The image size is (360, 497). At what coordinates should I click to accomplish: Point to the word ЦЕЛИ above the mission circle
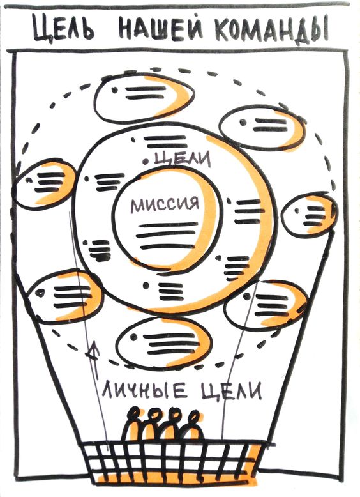pos(183,158)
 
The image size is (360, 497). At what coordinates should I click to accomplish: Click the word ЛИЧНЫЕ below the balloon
pos(145,390)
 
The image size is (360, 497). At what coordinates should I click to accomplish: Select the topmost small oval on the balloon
pos(144,97)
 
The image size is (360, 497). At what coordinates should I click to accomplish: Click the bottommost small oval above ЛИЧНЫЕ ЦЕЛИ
pos(163,344)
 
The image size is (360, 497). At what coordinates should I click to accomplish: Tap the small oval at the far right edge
pos(310,215)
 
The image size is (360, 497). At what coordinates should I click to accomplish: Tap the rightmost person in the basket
pos(192,425)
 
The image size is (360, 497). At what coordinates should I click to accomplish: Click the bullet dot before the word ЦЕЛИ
pos(146,162)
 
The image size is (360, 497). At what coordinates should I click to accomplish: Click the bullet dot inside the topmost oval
pos(114,90)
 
